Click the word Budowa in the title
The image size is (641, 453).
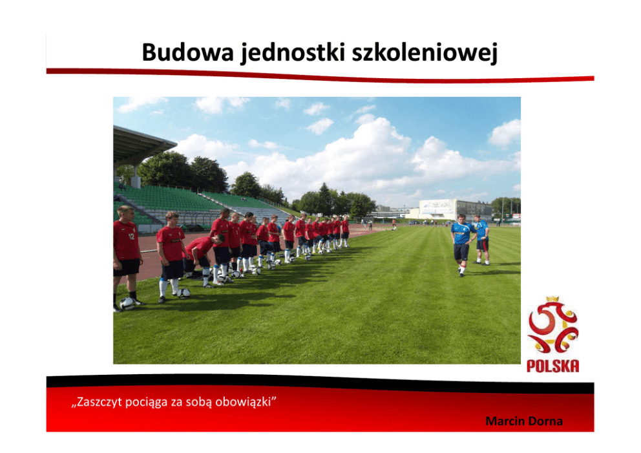(x=188, y=52)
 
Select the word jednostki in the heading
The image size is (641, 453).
(x=293, y=53)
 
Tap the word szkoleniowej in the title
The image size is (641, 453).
(x=425, y=53)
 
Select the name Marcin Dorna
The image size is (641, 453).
(x=524, y=421)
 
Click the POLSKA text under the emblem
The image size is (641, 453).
(x=552, y=366)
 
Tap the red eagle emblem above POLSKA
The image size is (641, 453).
(x=552, y=326)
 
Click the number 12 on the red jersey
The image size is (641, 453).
(x=132, y=237)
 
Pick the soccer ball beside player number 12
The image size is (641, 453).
(x=127, y=303)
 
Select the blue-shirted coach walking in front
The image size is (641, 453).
(x=462, y=244)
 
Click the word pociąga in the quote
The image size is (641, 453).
(x=146, y=403)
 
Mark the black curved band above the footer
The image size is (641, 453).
(x=320, y=383)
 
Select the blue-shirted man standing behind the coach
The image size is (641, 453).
(x=481, y=240)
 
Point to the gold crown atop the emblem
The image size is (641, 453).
(x=552, y=300)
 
